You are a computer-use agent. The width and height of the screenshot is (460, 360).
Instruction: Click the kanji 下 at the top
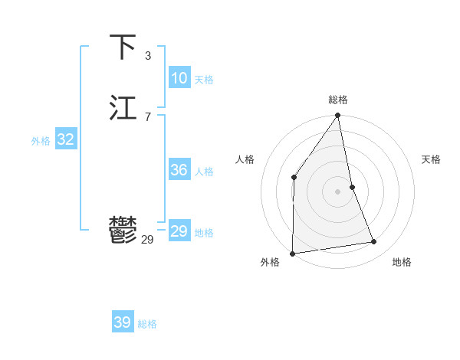pos(123,47)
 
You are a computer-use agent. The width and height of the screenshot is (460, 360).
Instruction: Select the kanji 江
pos(123,108)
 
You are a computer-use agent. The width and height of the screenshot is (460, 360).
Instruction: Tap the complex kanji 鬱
pos(123,231)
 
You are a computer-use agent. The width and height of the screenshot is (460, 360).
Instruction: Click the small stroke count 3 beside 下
pos(148,55)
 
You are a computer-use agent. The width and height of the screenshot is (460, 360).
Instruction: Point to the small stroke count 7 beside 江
pos(148,116)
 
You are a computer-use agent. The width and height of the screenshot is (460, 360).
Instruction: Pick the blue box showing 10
pos(179,78)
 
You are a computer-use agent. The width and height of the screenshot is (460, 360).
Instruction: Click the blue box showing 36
pos(179,170)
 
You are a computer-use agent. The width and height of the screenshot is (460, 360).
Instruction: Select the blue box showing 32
pos(65,139)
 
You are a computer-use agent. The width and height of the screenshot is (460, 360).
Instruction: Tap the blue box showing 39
pos(122,322)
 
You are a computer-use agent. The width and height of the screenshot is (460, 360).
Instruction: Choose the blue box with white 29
pos(179,231)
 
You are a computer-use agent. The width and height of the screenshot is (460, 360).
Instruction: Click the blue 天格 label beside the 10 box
pos(204,80)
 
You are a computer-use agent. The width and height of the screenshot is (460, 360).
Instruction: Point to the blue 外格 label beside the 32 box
pos(41,141)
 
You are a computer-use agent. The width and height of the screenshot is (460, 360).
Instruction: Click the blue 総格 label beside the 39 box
pos(147,324)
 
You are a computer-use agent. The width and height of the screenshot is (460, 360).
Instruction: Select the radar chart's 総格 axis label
pos(338,100)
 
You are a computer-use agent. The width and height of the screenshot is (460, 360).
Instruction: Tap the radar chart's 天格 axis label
pos(432,159)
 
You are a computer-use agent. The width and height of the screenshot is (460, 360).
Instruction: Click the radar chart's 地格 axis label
pos(402,262)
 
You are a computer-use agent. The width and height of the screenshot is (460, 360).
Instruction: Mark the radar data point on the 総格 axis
pos(338,116)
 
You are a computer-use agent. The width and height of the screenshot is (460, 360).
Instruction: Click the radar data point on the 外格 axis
pos(293,253)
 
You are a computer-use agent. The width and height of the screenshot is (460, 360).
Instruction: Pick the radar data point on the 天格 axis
pos(353,186)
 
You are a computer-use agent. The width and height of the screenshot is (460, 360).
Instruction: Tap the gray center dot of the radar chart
pos(338,191)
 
